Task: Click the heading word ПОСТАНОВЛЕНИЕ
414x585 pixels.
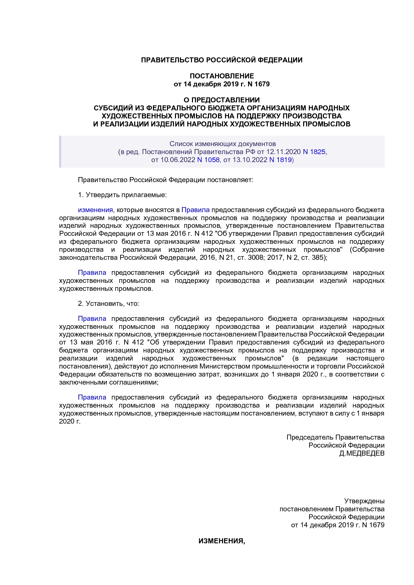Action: coord(222,76)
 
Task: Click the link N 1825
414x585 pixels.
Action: coord(314,152)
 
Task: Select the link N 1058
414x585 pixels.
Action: coord(208,160)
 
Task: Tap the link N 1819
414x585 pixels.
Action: coord(280,160)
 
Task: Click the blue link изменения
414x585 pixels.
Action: coord(95,210)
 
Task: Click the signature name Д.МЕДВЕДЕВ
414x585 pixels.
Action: coord(362,453)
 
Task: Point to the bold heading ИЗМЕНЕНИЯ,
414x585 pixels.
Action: coord(222,541)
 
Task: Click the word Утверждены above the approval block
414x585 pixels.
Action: coord(364,501)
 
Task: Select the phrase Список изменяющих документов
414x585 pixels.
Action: coord(222,144)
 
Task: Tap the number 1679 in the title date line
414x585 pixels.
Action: coord(262,84)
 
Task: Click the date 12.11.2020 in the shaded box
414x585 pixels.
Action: coord(283,152)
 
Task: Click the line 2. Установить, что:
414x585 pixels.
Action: coord(109,304)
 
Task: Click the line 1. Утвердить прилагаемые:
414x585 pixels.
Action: coord(122,195)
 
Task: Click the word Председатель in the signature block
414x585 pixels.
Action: coord(310,437)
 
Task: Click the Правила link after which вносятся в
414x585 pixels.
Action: coord(195,210)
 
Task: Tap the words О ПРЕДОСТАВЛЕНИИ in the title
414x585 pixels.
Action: coord(222,100)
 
